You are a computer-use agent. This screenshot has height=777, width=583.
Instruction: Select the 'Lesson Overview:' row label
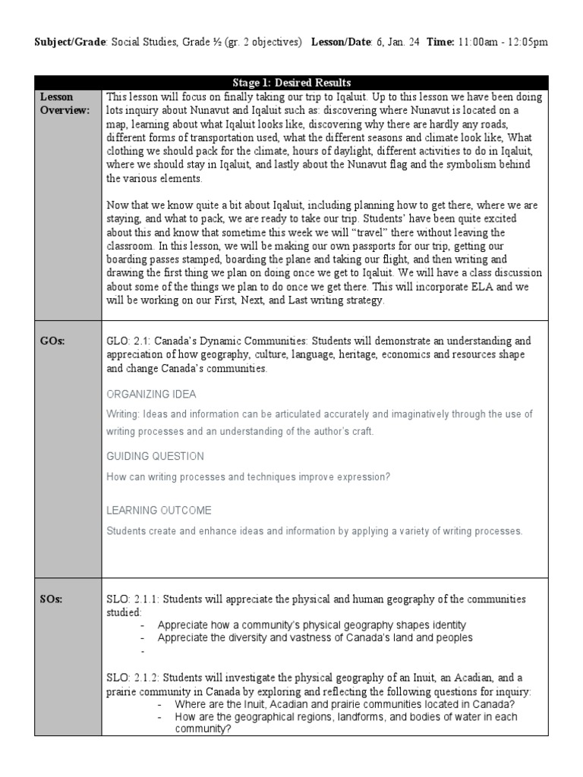58,103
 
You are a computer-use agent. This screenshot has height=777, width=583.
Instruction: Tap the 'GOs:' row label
52,341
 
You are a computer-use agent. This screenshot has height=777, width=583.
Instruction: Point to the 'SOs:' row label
51,599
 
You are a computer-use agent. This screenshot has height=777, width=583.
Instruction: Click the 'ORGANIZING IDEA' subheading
151,394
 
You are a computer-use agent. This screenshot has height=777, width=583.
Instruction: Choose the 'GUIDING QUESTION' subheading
155,456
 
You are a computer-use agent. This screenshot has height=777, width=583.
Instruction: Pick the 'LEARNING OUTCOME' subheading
159,511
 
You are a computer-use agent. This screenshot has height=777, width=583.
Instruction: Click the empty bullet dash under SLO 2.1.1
142,651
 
